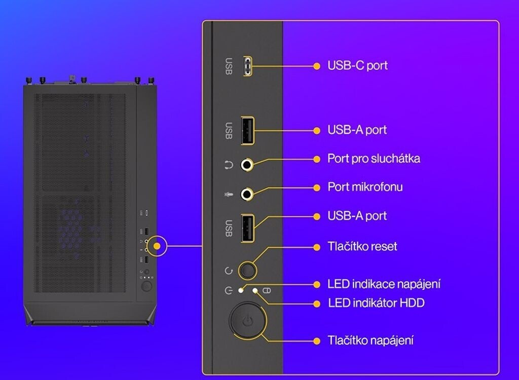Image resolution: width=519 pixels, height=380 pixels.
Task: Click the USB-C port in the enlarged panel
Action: point(247,66)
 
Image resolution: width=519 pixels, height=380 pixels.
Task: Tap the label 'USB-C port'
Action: point(357,66)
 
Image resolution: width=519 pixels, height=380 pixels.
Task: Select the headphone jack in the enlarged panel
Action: point(247,164)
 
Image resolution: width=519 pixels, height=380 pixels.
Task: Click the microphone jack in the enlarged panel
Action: point(247,193)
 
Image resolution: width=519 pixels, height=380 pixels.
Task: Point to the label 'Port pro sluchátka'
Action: point(374,159)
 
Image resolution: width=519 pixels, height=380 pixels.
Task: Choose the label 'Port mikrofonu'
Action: point(365,187)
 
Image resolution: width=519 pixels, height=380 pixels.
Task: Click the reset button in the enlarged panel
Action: point(247,270)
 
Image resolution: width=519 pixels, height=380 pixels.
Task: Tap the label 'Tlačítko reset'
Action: point(362,247)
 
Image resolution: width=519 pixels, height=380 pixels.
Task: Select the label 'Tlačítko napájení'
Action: point(370,340)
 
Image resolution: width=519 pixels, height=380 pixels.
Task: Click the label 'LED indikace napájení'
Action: point(384,284)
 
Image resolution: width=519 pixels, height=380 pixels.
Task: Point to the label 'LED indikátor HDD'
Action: point(376,303)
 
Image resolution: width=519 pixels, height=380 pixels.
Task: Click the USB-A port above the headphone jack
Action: point(247,131)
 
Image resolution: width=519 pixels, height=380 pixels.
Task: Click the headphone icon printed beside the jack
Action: point(229,165)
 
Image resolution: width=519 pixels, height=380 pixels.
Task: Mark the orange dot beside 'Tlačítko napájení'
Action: point(317,340)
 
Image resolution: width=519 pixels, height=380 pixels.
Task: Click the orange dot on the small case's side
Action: point(157,246)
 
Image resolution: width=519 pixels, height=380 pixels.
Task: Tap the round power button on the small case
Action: point(146,286)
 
